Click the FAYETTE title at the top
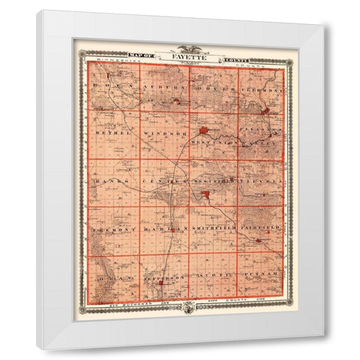click(x=184, y=56)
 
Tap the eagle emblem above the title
click(x=184, y=49)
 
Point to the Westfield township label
click(x=211, y=181)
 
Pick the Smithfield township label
click(x=213, y=226)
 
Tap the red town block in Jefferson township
click(x=158, y=284)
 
